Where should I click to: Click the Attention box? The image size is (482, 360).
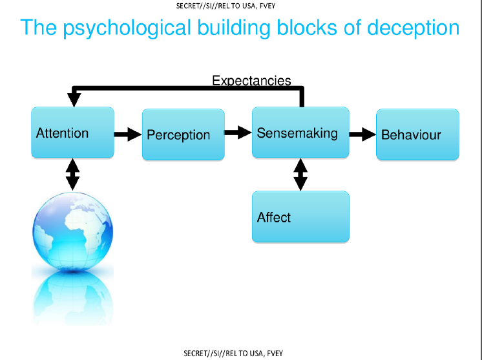pos(72,132)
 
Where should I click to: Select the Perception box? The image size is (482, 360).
pos(183,134)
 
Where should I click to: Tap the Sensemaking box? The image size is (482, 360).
pos(300,132)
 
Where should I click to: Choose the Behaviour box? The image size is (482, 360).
pos(417,134)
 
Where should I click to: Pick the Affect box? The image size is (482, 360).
pos(300,217)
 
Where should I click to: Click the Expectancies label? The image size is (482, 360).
pos(251,81)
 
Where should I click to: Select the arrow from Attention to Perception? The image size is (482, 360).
pos(128,134)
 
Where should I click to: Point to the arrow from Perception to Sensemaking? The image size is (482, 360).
pos(238,132)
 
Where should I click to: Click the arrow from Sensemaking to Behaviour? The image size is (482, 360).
pos(362,134)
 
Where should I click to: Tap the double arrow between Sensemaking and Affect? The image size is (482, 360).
pos(300,175)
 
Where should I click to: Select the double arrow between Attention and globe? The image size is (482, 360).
pos(73,175)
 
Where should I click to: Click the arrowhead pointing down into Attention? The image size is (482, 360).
pos(74,100)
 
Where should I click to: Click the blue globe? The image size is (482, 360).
pos(73,232)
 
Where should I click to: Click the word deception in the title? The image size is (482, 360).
pos(414,28)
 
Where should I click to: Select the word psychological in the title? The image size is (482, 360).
pos(127,28)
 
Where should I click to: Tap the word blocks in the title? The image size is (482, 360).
pos(308,27)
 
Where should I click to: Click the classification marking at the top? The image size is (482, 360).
pos(225,6)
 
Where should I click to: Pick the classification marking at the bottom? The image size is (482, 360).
pos(233,354)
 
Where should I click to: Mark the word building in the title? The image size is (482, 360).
pos(234,28)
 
